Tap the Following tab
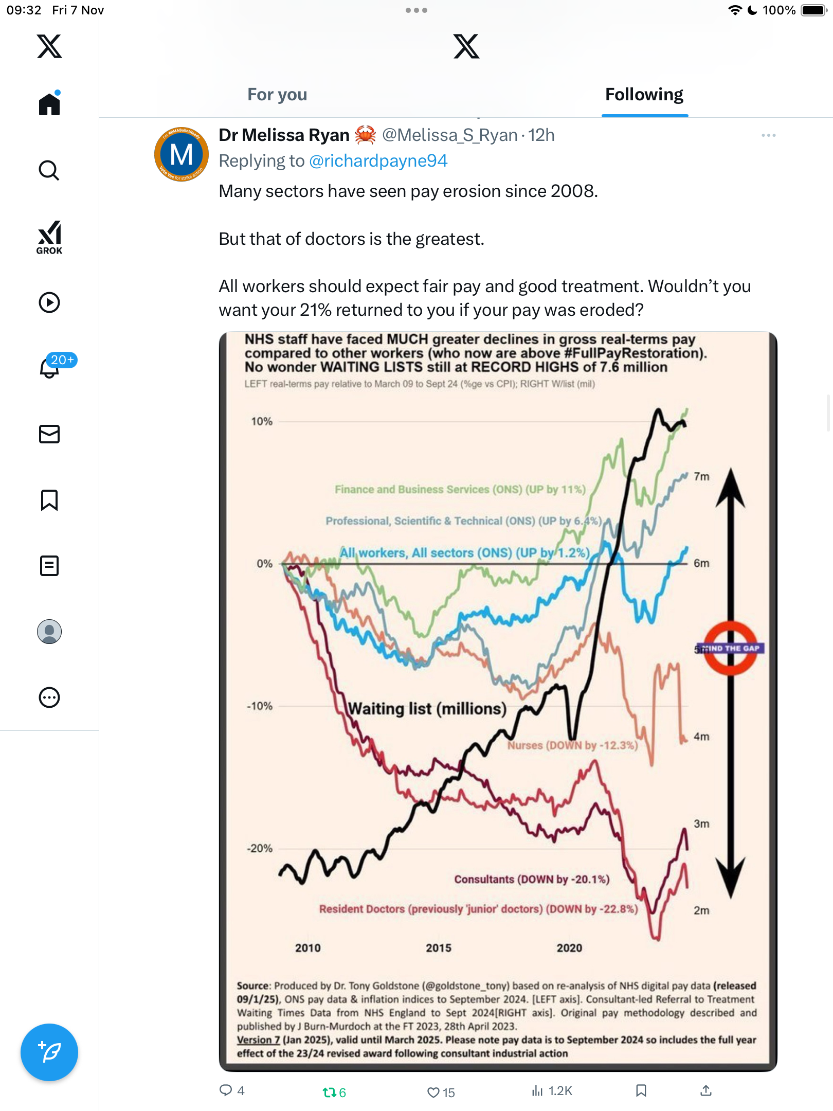(x=644, y=95)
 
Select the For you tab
(x=277, y=95)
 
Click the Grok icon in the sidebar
(x=49, y=237)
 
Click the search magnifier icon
(x=49, y=170)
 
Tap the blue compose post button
(x=49, y=1052)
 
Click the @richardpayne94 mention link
(x=378, y=161)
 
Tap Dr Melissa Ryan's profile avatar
(x=182, y=154)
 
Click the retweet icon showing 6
(x=329, y=1092)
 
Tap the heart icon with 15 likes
(x=434, y=1092)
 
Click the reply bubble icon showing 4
(x=226, y=1090)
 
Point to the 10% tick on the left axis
(x=262, y=421)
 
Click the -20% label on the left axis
(x=260, y=848)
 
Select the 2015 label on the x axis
(x=438, y=948)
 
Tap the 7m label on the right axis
(x=701, y=476)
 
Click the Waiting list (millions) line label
(x=427, y=709)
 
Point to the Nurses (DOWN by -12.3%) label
(x=572, y=745)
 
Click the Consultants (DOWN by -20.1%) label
(x=532, y=880)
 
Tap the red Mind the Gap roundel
(x=730, y=648)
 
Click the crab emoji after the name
(x=366, y=135)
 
